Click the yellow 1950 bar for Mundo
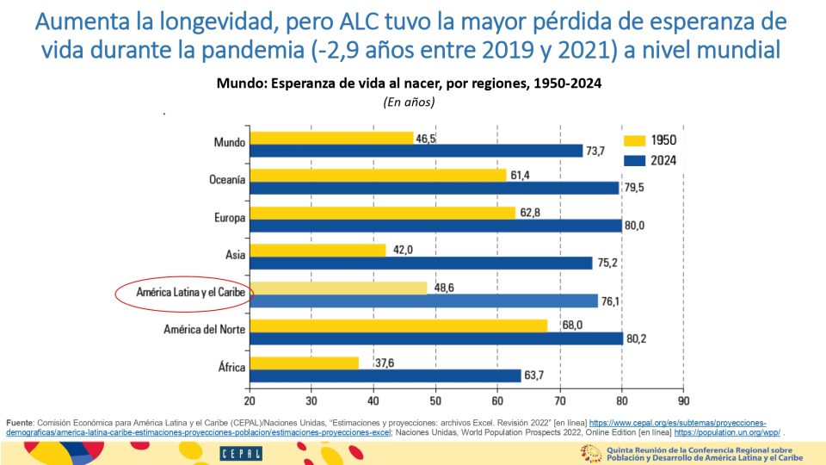point(331,138)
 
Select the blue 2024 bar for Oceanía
point(434,188)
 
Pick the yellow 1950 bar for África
point(304,363)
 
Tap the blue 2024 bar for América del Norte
point(435,338)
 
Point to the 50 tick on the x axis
point(435,400)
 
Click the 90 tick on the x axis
point(683,400)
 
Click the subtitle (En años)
point(409,102)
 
